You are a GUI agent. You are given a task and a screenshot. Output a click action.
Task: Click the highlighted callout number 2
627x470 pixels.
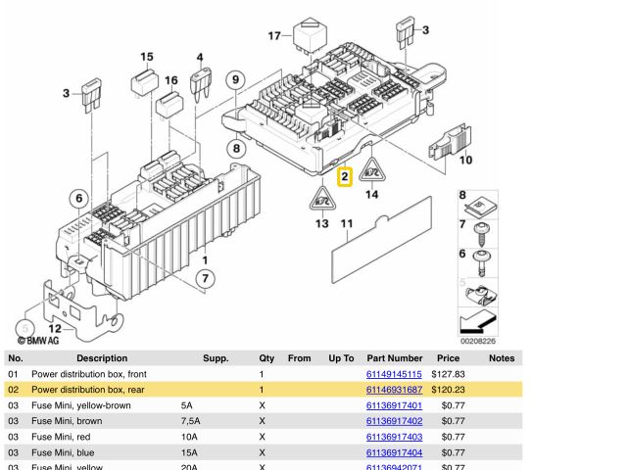coord(344,178)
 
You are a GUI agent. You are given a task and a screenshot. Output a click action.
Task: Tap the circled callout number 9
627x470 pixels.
coord(234,78)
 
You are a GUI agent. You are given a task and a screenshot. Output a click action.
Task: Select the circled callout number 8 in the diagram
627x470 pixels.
coord(235,149)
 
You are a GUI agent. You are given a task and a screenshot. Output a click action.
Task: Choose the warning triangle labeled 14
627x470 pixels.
coord(372,173)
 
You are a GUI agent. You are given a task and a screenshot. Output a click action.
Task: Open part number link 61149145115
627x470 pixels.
coord(394,374)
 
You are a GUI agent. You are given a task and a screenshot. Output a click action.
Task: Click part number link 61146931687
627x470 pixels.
coord(394,390)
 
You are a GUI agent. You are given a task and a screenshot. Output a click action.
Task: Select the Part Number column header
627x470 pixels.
coord(394,358)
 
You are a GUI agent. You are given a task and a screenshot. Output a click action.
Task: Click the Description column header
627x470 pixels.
coord(102,358)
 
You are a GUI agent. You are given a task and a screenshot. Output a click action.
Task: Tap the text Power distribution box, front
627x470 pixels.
coord(89,374)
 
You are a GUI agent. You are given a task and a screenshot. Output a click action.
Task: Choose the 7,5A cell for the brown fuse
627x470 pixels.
coord(191,421)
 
